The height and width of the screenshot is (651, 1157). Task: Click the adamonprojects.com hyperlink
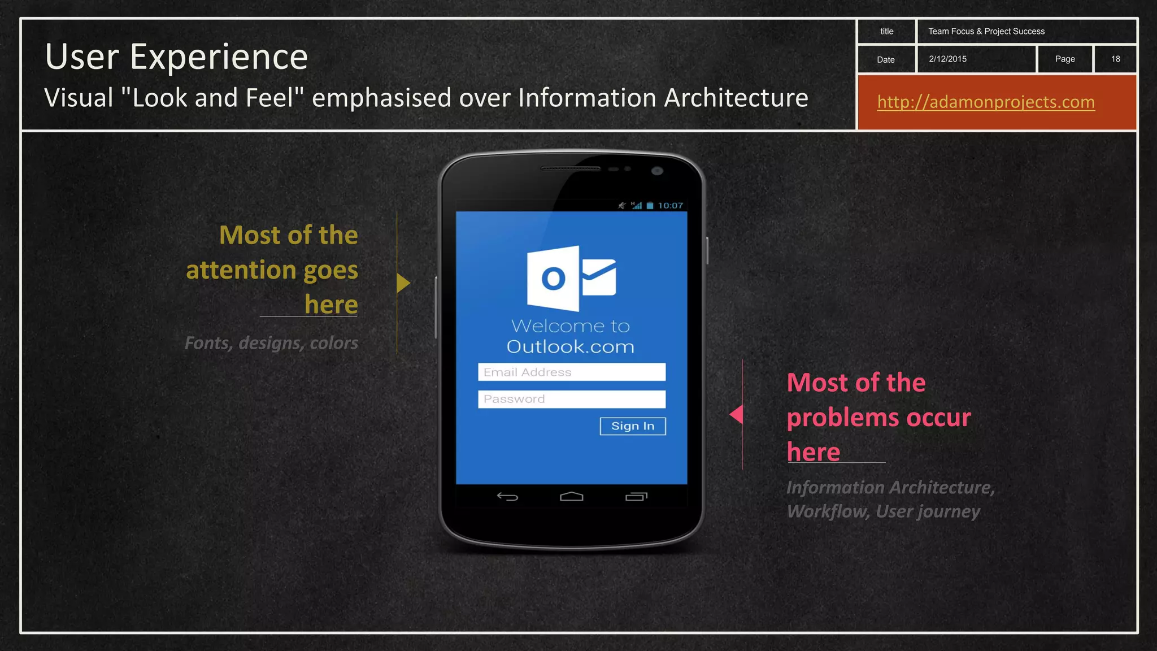pos(986,102)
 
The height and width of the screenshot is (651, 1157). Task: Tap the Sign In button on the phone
pos(633,426)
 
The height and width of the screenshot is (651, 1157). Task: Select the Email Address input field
pos(571,372)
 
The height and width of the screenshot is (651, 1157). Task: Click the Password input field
pos(571,399)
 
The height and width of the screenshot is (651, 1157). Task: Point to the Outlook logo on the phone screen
pos(571,278)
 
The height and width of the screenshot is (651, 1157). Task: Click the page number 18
pos(1115,59)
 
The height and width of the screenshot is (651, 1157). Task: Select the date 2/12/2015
pos(947,59)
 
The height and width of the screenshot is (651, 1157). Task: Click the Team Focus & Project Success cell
pos(986,32)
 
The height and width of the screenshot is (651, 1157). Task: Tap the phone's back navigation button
pos(507,497)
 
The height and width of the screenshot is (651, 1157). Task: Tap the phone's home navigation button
pos(571,496)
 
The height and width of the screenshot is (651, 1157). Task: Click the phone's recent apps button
pos(636,497)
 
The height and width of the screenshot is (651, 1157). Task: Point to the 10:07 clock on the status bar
pos(671,206)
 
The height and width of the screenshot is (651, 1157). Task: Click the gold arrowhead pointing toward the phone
pos(403,283)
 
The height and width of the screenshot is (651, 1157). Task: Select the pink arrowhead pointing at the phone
pos(736,414)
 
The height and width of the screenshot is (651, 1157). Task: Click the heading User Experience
pos(176,57)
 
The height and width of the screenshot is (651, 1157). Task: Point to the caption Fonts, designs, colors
pos(271,343)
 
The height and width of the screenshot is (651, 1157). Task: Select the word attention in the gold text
pos(241,270)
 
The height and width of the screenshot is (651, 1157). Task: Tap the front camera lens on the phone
pos(656,171)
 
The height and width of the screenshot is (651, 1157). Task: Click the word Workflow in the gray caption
pos(828,511)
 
